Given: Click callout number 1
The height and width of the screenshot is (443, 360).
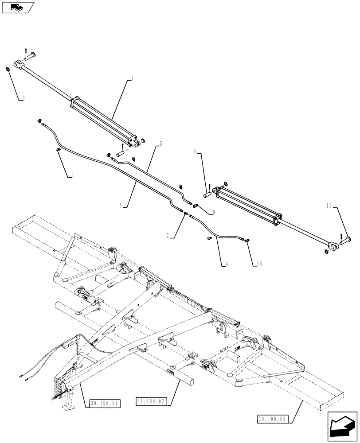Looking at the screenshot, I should pyautogui.click(x=132, y=78).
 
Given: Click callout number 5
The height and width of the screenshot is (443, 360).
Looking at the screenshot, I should pyautogui.click(x=160, y=144).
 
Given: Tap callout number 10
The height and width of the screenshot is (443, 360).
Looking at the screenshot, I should pyautogui.click(x=258, y=264).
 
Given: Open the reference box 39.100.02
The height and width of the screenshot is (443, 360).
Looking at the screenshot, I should pyautogui.click(x=151, y=402).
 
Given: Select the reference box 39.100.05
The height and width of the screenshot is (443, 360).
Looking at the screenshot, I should pyautogui.click(x=272, y=418).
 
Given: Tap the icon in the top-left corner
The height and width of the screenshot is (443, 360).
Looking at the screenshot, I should pyautogui.click(x=17, y=7).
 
